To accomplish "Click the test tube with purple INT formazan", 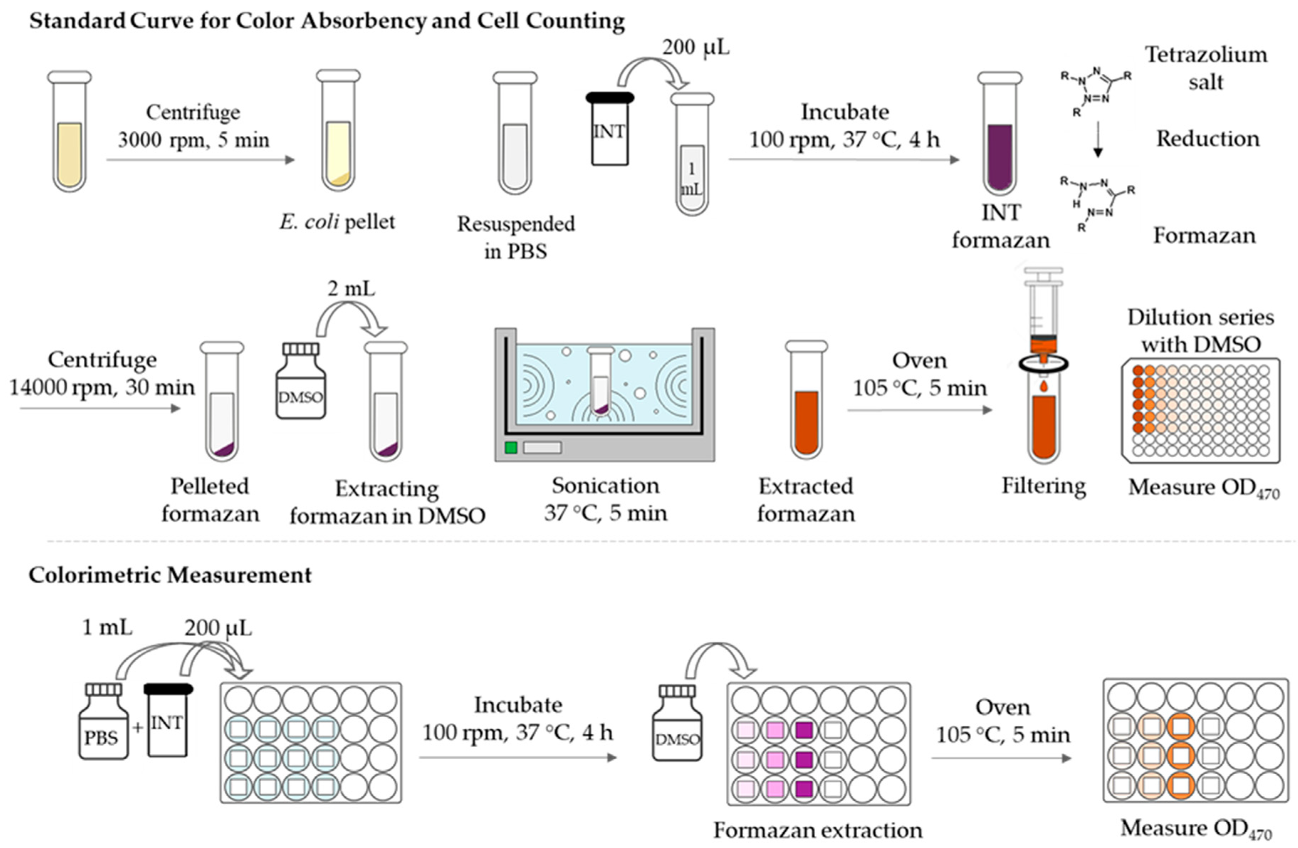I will [1000, 134].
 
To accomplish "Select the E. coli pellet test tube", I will [338, 131].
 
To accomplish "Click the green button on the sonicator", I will [511, 447].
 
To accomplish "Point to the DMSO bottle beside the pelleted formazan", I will [300, 382].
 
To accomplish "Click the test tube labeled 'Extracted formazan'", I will [806, 401].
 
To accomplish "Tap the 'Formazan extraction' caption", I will [817, 830].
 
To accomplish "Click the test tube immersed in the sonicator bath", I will [601, 382].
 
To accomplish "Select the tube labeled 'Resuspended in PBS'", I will [515, 134].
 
